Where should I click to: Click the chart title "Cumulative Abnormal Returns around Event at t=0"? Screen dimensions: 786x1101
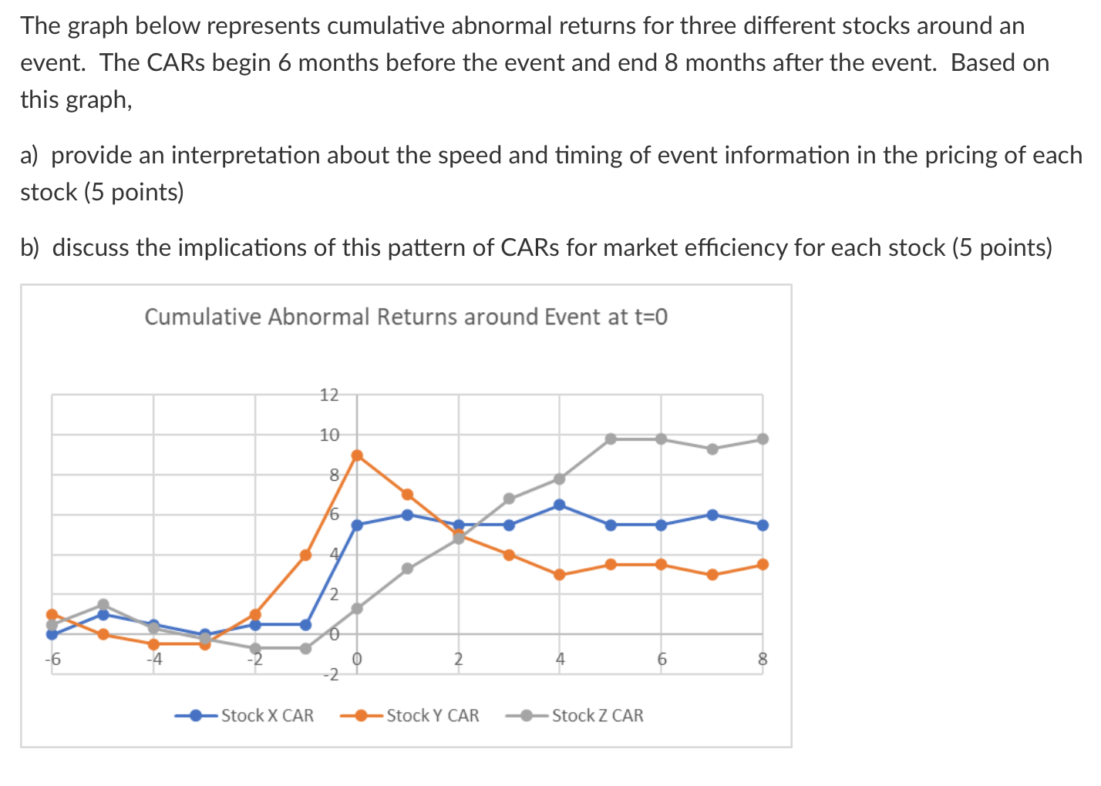(406, 317)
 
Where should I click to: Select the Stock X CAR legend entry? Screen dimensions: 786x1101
(267, 715)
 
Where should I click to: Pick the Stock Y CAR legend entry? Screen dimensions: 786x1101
(432, 715)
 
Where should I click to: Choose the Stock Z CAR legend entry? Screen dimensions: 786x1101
(597, 715)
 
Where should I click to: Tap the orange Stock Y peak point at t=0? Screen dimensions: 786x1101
(357, 455)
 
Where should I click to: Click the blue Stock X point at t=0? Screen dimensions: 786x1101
(357, 525)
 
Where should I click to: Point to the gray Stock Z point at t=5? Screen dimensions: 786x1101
(611, 438)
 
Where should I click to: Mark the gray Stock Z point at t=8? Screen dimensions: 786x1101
(763, 438)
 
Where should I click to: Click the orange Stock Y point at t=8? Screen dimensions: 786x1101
(763, 564)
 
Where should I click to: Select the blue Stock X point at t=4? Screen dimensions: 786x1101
(560, 505)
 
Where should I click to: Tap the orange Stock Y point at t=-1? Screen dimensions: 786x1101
(306, 554)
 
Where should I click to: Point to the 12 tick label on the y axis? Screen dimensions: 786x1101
(329, 395)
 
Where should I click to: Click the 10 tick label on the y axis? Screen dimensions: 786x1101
(329, 435)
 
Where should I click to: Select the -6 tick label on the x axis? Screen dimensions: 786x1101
(52, 660)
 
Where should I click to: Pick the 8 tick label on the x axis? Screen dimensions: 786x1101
(763, 660)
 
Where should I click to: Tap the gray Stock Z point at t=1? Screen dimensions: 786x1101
(408, 569)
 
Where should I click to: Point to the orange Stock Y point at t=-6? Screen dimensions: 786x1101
(52, 614)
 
